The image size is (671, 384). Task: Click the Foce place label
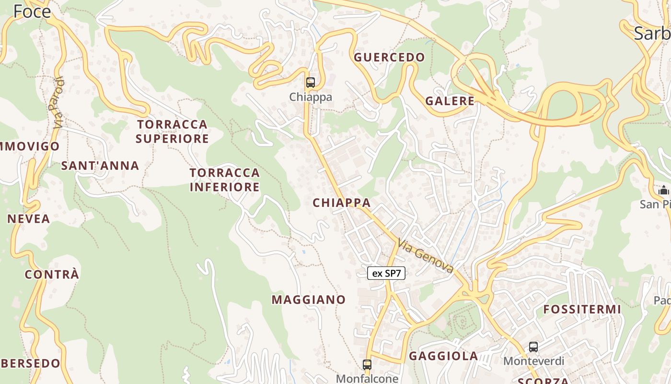[32, 11]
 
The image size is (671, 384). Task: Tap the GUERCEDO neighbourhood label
[389, 58]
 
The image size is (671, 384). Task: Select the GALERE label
[450, 101]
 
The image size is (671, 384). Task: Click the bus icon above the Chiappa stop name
[311, 82]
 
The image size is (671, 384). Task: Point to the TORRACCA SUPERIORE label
[172, 132]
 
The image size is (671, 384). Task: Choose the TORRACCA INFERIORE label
[224, 180]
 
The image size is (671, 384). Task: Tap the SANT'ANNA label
[100, 166]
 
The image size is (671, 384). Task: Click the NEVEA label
[29, 219]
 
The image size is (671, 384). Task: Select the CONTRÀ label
[52, 275]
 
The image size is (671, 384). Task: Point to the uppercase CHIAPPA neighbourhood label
[342, 203]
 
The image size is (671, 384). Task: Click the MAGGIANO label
[309, 300]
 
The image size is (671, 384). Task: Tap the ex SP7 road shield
[386, 274]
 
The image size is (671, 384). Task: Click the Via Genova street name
[425, 257]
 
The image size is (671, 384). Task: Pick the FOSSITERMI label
[582, 310]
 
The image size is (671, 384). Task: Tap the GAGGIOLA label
[443, 356]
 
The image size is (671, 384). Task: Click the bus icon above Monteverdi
[533, 347]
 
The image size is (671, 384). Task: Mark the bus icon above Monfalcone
[367, 364]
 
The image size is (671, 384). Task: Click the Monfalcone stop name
[367, 378]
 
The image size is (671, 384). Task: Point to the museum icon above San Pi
[663, 191]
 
